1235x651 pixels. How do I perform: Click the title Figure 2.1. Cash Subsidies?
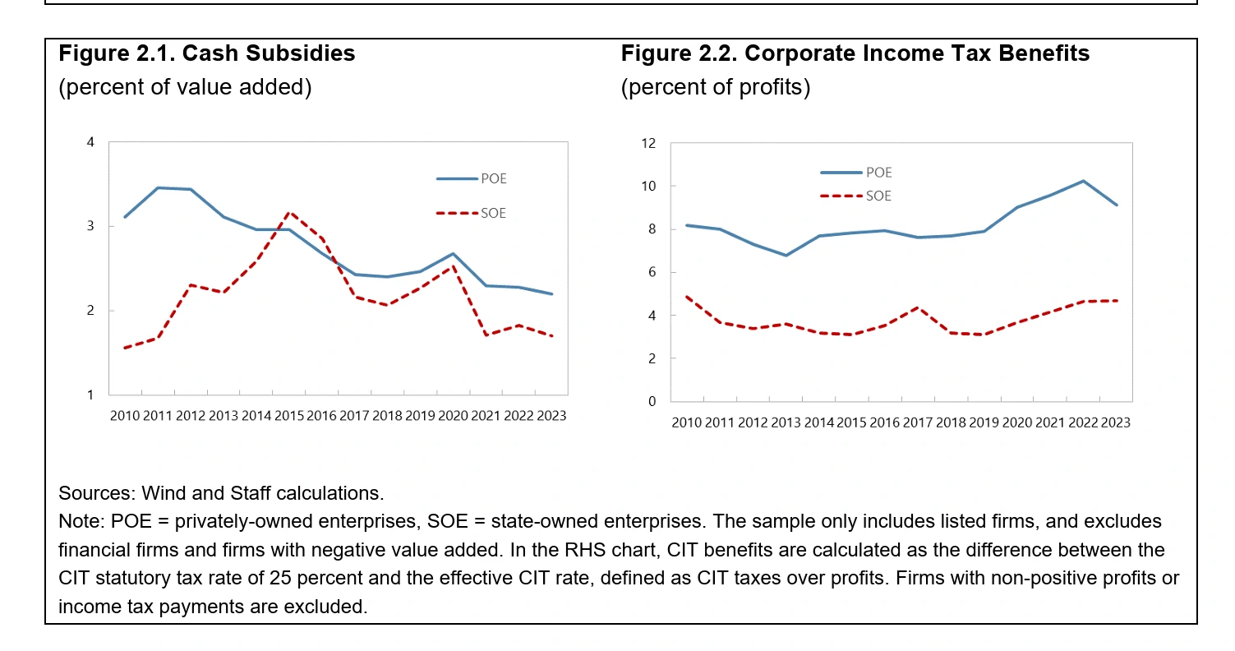pos(206,53)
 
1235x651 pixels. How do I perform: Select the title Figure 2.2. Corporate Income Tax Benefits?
pos(855,53)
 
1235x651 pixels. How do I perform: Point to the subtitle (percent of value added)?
pos(185,87)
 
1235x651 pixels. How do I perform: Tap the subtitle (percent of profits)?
pos(715,87)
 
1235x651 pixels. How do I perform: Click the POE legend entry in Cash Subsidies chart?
pos(493,178)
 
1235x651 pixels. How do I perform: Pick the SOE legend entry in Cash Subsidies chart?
pos(493,214)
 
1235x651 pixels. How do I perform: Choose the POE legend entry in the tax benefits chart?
pos(878,173)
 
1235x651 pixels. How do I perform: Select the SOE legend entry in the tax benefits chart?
pos(878,196)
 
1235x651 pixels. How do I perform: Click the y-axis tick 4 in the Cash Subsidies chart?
pos(90,143)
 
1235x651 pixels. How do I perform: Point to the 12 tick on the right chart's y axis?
pos(649,144)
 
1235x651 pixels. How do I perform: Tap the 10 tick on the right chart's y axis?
pos(649,187)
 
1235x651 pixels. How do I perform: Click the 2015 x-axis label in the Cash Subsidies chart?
pos(288,416)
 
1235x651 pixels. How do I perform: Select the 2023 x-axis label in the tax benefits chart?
pos(1114,422)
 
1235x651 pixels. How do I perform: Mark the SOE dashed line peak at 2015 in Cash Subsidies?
pos(288,212)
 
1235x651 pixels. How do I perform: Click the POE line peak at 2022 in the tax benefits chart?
pos(1083,181)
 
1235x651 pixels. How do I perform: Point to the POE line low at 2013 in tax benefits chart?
pos(786,256)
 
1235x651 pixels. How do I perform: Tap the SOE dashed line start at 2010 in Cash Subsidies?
pos(125,348)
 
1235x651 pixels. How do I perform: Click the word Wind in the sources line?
pos(162,493)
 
